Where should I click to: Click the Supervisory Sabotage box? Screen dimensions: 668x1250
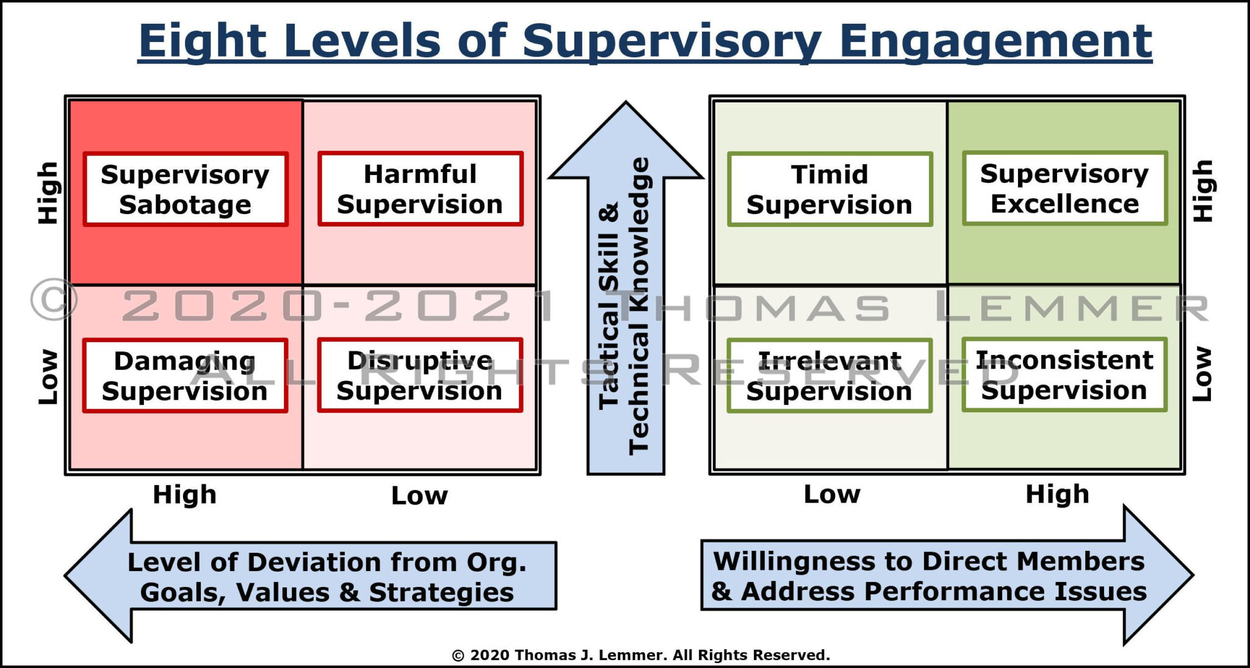pos(185,189)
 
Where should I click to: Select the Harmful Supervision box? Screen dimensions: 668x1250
pos(420,189)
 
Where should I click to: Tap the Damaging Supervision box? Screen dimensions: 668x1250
pos(185,376)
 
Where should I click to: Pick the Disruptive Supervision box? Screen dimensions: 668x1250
pos(420,375)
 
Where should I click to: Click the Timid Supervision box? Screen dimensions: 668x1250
pos(829,189)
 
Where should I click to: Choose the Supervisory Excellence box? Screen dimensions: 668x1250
pos(1064,189)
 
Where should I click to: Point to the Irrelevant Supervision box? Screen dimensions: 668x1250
pos(829,376)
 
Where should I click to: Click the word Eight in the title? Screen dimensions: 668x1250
pos(201,41)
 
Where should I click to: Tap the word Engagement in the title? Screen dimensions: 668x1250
pos(995,41)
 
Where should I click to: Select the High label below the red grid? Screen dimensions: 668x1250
pos(184,495)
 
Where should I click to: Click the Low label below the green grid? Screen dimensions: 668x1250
pos(831,494)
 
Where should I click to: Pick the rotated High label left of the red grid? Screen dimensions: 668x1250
pos(48,193)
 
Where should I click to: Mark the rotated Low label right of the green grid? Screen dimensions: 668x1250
pos(1202,374)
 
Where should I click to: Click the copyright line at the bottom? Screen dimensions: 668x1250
pos(640,655)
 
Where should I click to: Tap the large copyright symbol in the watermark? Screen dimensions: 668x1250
pos(54,300)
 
